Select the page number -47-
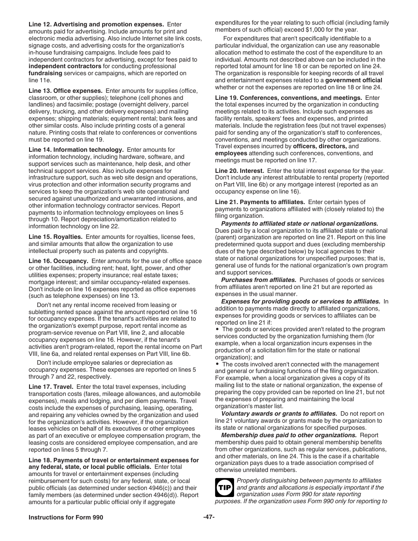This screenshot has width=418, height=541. [209, 517]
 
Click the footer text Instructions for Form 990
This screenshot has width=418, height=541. [66, 517]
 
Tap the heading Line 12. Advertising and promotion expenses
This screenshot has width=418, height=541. [96, 25]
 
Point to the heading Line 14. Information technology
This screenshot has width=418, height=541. [76, 150]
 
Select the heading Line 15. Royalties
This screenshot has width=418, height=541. [55, 237]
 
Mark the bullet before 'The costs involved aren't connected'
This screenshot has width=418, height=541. [217, 364]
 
